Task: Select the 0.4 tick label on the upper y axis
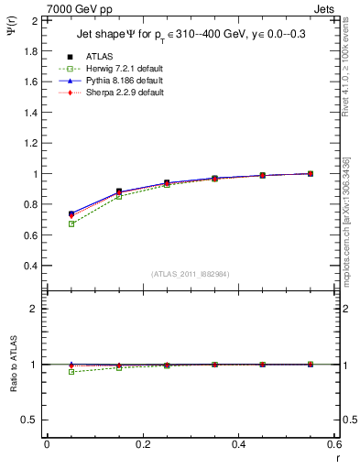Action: click(29, 266)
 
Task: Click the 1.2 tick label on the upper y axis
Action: click(29, 143)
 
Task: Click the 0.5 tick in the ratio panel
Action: click(29, 420)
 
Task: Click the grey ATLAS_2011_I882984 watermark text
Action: click(190, 274)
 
